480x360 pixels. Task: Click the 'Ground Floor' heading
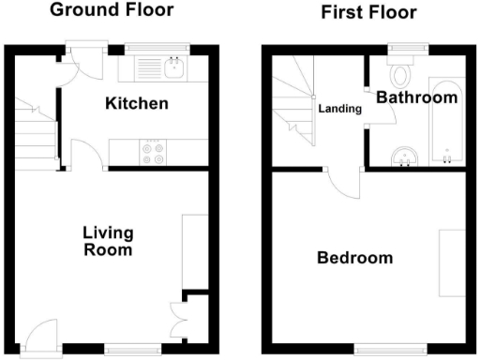(x=111, y=10)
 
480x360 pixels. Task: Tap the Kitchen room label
(x=137, y=103)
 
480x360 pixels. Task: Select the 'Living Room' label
(x=108, y=241)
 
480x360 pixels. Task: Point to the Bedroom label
(x=354, y=258)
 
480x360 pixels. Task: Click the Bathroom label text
(x=416, y=97)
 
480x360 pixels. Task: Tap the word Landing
(x=339, y=109)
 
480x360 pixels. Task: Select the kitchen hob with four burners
(x=151, y=153)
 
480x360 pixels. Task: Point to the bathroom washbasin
(x=405, y=156)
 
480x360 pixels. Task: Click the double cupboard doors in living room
(x=177, y=318)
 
